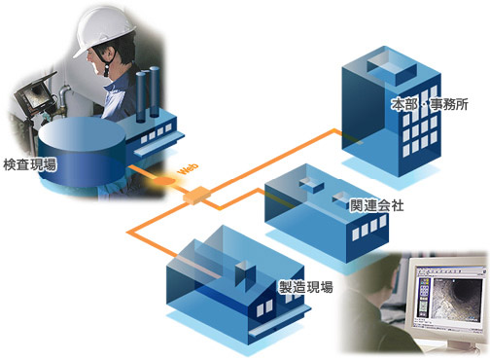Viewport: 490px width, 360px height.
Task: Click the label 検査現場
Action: point(29,166)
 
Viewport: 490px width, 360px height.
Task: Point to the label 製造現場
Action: point(306,287)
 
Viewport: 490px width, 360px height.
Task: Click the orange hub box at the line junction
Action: point(195,194)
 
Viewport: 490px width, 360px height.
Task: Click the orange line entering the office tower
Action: point(321,136)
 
